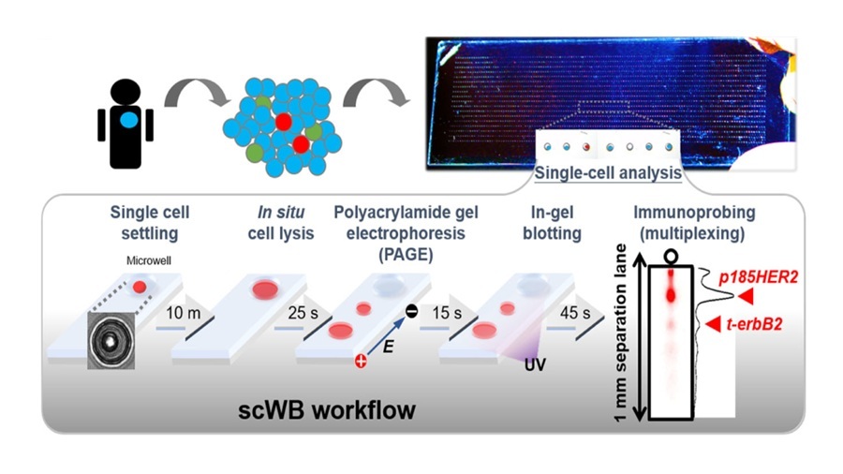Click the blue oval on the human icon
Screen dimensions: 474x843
pos(126,121)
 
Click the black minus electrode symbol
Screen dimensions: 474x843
pos(411,311)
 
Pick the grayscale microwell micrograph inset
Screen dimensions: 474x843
pos(111,343)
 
